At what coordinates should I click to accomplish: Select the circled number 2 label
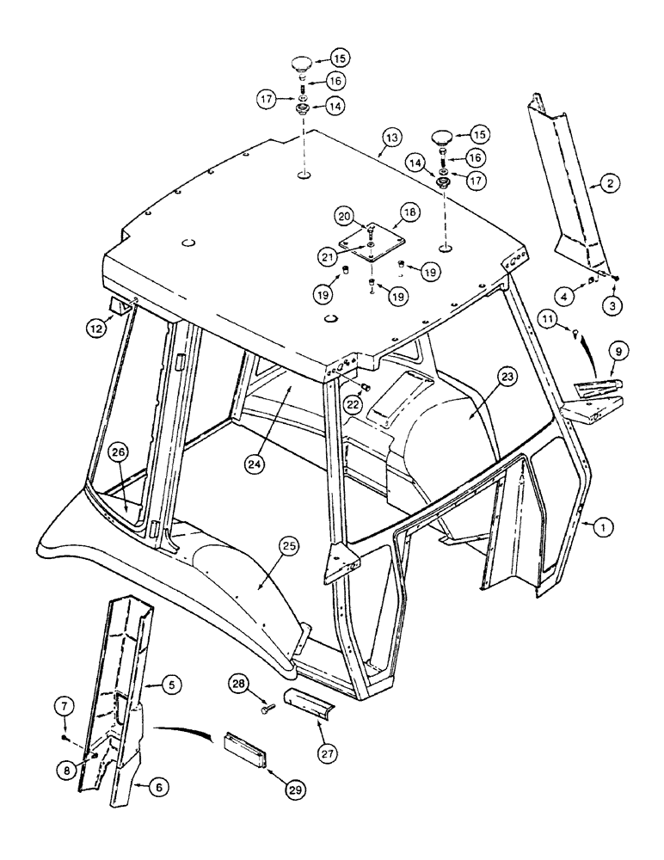click(608, 182)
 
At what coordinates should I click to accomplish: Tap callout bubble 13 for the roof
click(391, 137)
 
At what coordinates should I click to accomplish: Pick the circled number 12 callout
click(96, 326)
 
